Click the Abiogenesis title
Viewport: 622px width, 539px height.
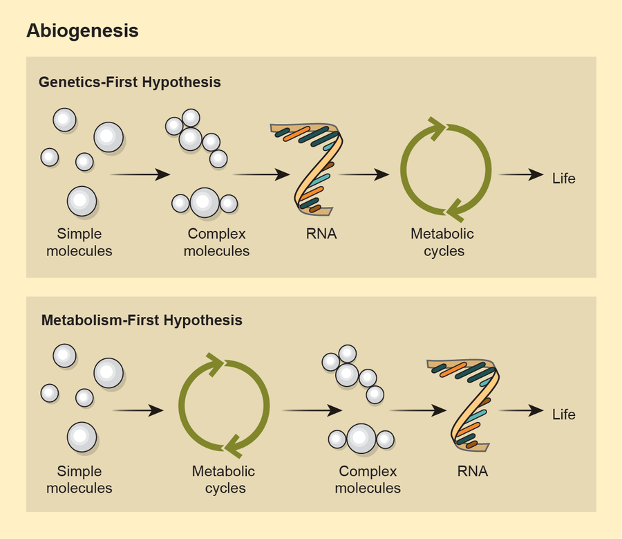coord(82,31)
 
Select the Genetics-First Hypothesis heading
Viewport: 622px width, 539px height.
coord(130,82)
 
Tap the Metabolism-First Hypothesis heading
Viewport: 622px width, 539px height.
coord(142,320)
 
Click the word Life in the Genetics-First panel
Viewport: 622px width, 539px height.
coord(564,179)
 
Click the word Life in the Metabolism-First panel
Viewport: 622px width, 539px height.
coord(564,415)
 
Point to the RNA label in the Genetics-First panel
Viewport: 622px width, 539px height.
coord(321,234)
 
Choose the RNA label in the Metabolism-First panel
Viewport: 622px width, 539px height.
coord(473,471)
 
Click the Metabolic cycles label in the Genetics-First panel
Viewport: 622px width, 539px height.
coord(443,242)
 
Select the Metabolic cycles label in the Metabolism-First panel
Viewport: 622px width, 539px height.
coord(223,479)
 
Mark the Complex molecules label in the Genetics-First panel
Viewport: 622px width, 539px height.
coord(216,242)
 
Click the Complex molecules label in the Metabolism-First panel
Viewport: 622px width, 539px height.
coord(368,479)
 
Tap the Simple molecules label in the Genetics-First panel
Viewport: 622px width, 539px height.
coord(79,242)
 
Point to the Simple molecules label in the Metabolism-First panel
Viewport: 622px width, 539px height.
coord(79,479)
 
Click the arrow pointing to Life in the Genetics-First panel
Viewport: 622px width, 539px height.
coord(521,175)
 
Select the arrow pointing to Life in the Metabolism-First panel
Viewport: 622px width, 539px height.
coord(521,411)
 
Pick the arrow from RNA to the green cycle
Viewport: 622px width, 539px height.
coord(365,175)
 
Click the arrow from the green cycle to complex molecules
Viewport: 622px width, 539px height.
coord(312,410)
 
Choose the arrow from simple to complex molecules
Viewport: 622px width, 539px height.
coord(140,174)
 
